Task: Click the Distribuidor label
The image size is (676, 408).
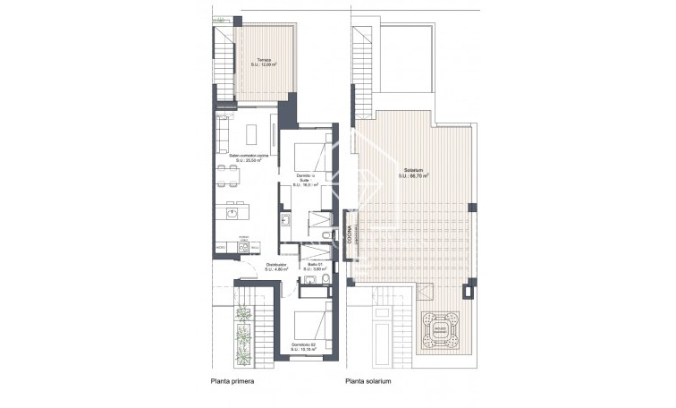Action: coord(276,267)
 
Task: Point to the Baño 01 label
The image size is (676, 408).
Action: coord(315,267)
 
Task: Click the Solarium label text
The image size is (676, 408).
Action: coord(414,172)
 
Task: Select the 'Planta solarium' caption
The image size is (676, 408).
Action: coord(367,382)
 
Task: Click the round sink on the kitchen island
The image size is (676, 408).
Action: coord(232,213)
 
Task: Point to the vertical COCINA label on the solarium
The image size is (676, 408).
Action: coord(350,237)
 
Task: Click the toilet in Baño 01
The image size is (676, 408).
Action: coord(327,285)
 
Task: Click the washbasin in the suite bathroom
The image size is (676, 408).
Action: coord(287,219)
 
